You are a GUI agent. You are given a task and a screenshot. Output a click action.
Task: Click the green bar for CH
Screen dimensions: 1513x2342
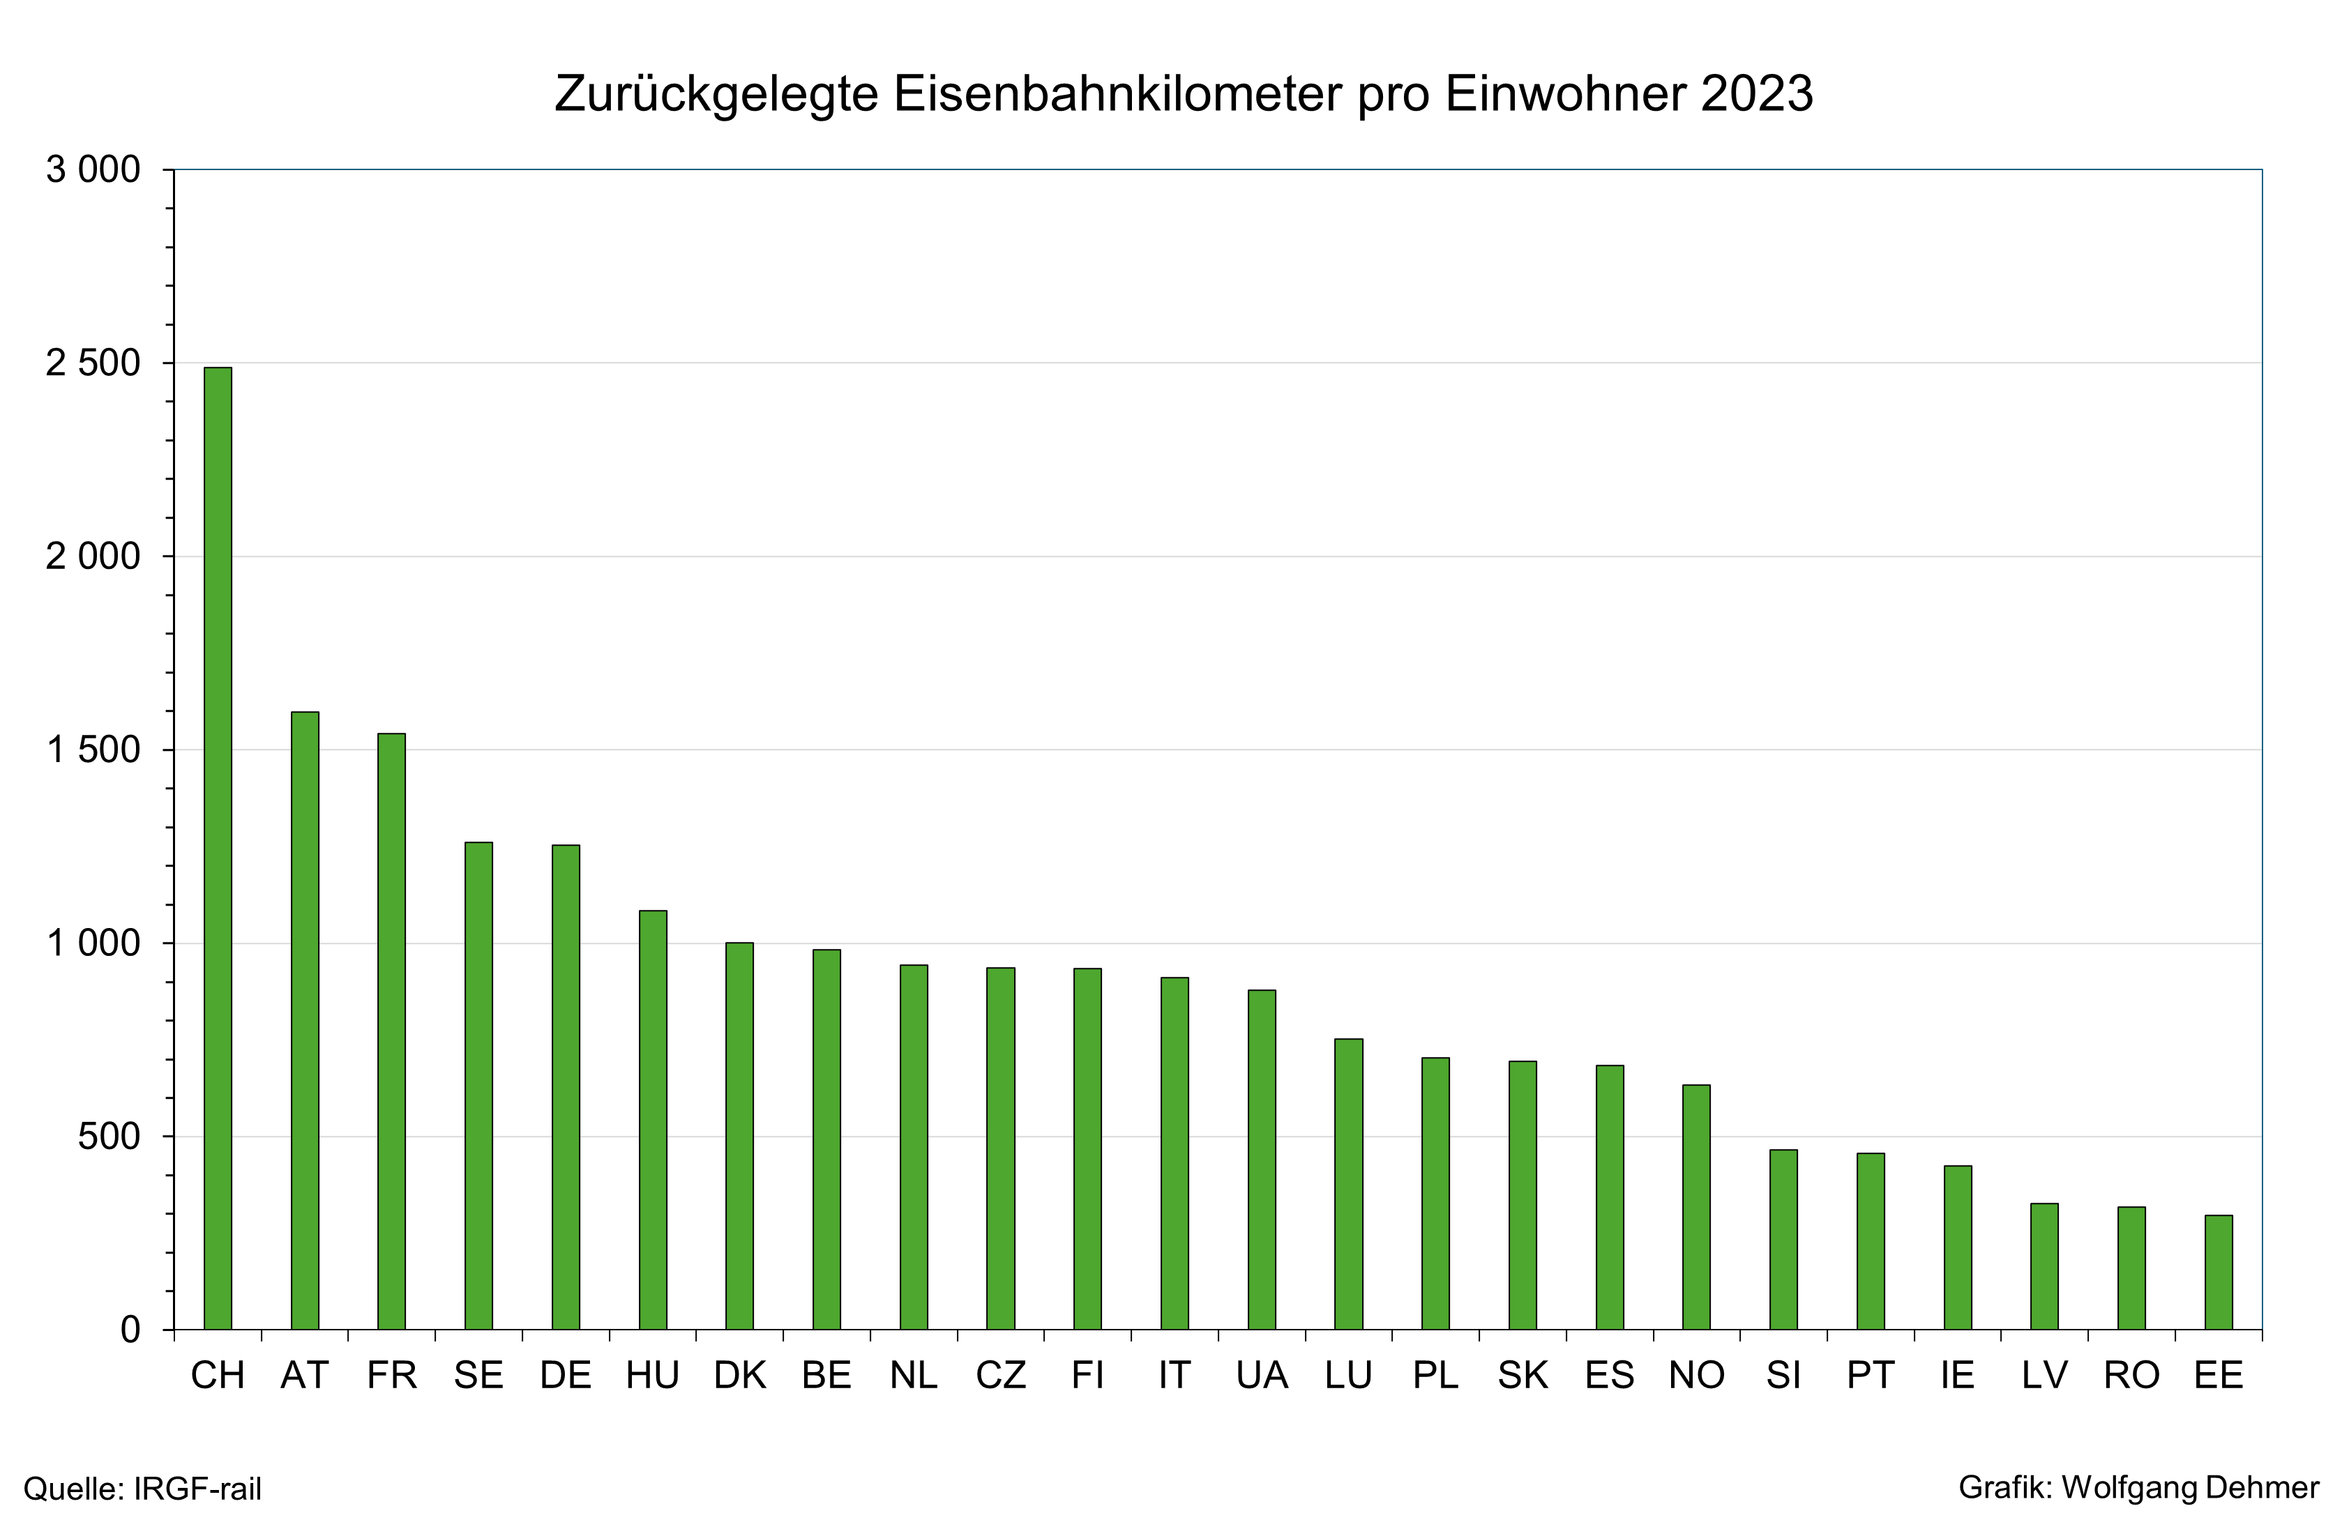(x=217, y=848)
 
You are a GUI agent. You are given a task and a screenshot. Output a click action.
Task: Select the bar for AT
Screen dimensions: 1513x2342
(x=305, y=1020)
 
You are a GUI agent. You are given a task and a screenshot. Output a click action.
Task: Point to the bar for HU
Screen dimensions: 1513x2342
(x=653, y=1119)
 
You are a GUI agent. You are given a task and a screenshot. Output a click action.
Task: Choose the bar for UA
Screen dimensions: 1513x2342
(x=1261, y=1160)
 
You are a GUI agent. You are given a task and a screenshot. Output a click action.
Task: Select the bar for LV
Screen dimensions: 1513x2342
(x=2044, y=1265)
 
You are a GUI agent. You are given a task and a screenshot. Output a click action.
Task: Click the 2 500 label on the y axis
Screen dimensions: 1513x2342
(x=93, y=363)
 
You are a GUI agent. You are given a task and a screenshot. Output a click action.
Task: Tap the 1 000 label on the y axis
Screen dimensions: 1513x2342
(x=93, y=943)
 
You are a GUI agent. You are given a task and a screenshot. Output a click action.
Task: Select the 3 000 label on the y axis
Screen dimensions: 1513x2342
(x=93, y=170)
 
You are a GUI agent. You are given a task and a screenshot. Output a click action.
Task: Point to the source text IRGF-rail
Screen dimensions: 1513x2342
(x=197, y=1489)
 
